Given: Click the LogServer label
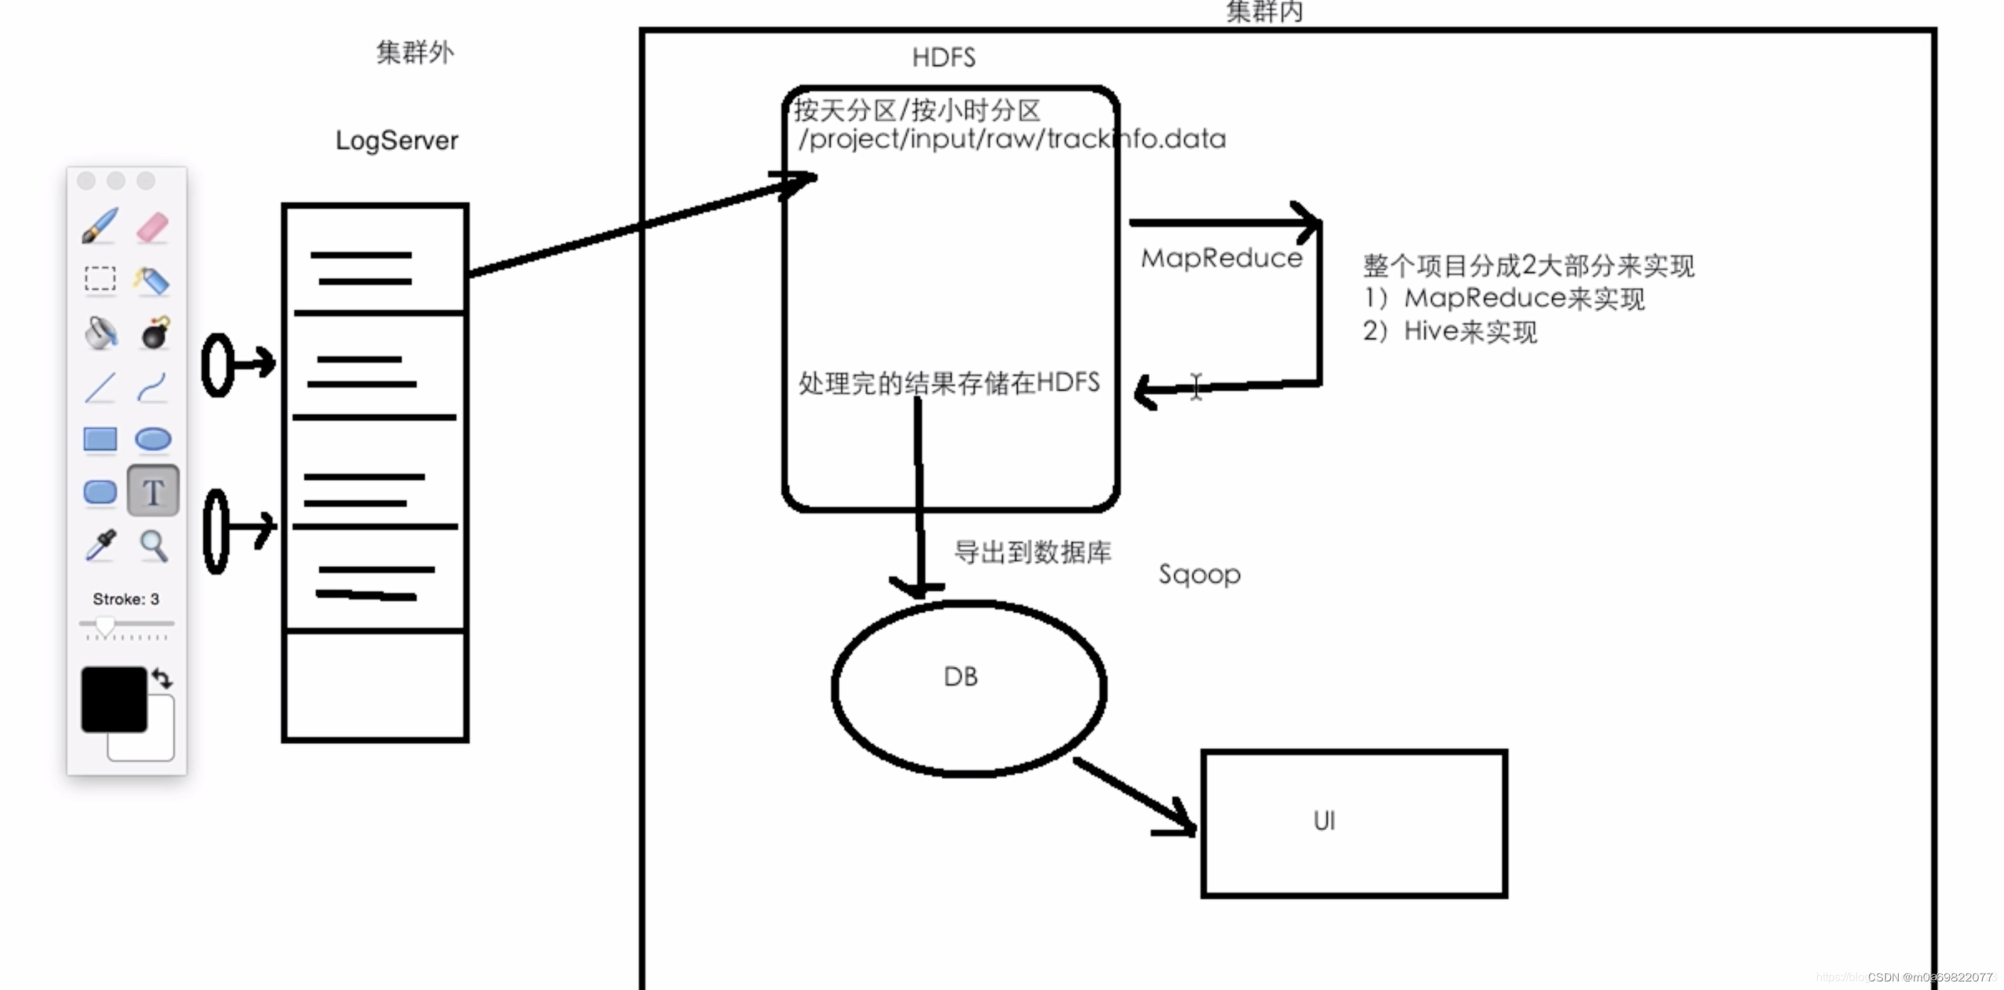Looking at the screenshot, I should click(x=397, y=141).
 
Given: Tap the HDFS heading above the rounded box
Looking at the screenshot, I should click(x=943, y=58).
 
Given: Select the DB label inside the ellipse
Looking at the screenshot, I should click(x=960, y=676).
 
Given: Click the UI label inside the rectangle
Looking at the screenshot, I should click(x=1324, y=821).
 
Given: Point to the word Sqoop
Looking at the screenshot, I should click(x=1199, y=575).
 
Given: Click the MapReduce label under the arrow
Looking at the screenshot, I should click(x=1221, y=258).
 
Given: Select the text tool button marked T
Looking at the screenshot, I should click(x=153, y=491).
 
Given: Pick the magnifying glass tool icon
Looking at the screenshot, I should click(x=153, y=546).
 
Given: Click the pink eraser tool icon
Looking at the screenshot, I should click(x=152, y=227).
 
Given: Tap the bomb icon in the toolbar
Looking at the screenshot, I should click(x=156, y=333).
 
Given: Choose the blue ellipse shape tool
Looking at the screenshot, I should click(x=153, y=440).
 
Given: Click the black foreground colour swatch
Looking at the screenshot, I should click(x=114, y=698).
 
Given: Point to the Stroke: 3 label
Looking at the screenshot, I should click(x=126, y=599).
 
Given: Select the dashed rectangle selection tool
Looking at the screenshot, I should click(x=100, y=278).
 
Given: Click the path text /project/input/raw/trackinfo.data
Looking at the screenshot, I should click(x=1011, y=139).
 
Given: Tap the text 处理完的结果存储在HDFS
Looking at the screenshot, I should click(x=949, y=383).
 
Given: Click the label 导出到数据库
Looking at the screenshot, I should click(x=1033, y=552).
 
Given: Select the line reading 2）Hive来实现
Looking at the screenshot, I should click(x=1450, y=332).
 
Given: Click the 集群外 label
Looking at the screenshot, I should click(x=415, y=53).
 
